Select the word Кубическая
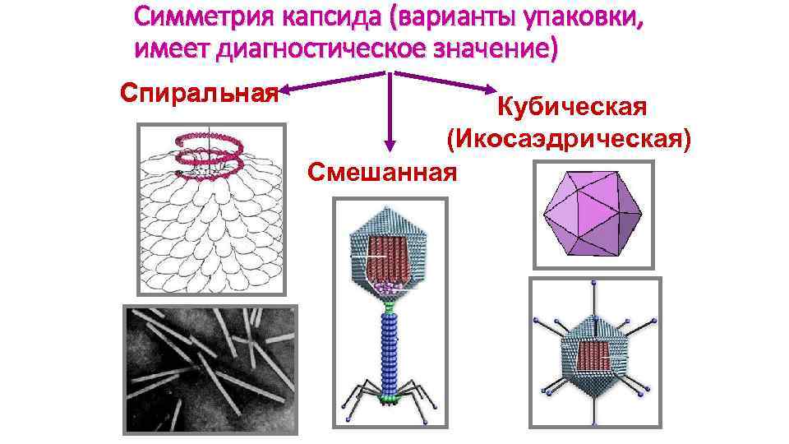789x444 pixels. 573,107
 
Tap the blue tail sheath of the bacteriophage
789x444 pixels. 390,345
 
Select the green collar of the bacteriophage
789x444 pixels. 390,303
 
